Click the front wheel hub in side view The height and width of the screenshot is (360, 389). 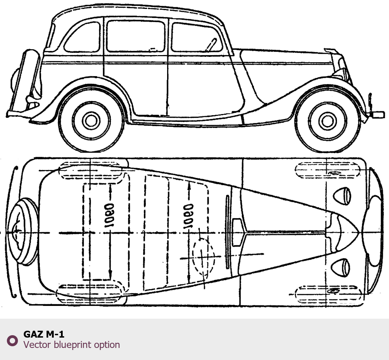[327, 121]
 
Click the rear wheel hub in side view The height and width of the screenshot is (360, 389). [91, 121]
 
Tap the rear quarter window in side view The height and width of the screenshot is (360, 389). [82, 37]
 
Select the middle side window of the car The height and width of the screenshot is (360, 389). [135, 36]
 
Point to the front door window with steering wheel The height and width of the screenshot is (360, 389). [196, 37]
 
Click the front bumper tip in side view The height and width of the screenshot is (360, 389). [377, 114]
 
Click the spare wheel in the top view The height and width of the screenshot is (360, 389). [23, 231]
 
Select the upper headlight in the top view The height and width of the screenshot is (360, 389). [342, 195]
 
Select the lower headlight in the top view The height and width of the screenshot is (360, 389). [341, 267]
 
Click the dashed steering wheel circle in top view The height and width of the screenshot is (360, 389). [203, 257]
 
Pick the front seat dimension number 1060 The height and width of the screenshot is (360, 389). [188, 216]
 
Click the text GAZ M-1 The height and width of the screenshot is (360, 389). [44, 334]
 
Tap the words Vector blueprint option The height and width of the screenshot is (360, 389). [72, 344]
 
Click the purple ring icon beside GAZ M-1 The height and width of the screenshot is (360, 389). [12, 340]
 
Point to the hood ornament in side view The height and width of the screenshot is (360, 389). [331, 51]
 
